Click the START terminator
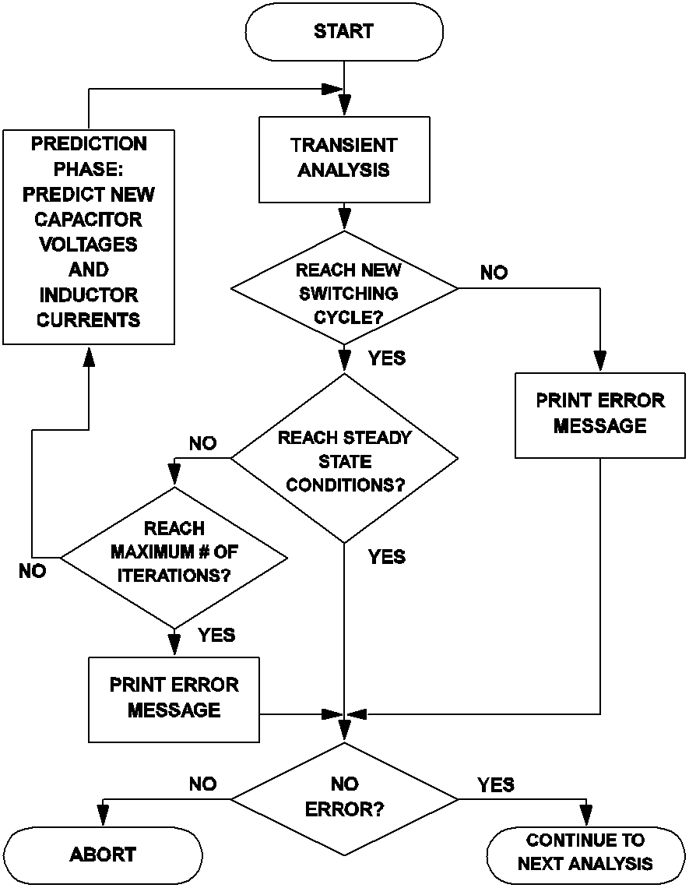point(344,33)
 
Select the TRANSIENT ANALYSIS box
point(344,158)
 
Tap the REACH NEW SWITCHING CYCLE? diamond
point(344,289)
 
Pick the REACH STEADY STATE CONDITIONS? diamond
point(344,460)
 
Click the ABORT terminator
point(103,855)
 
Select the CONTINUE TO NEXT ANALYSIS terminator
point(585,852)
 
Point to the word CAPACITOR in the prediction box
point(88,219)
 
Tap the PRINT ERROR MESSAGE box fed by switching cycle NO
point(600,413)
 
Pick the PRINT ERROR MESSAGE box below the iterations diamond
point(174,698)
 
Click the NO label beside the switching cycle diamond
point(494,273)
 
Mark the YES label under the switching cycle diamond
point(386,358)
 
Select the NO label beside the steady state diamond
point(202,443)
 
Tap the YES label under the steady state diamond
point(386,557)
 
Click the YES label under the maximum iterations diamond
point(216,635)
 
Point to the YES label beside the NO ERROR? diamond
point(496,784)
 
